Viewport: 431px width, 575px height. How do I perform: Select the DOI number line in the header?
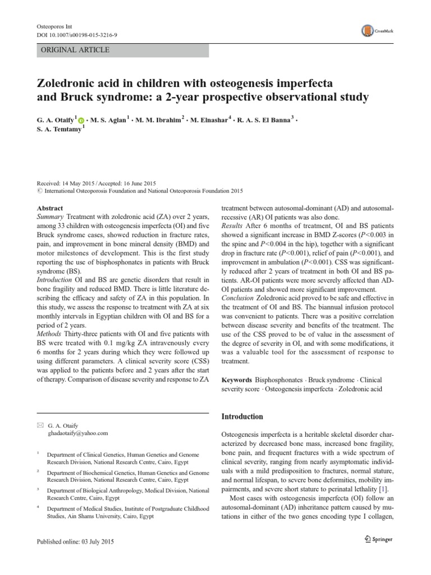click(x=76, y=35)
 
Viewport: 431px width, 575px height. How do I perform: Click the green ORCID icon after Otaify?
click(x=82, y=120)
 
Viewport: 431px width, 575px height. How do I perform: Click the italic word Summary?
click(x=50, y=216)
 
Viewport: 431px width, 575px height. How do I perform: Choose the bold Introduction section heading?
click(x=242, y=417)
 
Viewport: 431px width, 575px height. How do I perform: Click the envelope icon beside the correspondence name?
click(x=39, y=426)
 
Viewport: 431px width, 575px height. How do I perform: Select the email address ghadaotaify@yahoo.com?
click(x=79, y=434)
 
